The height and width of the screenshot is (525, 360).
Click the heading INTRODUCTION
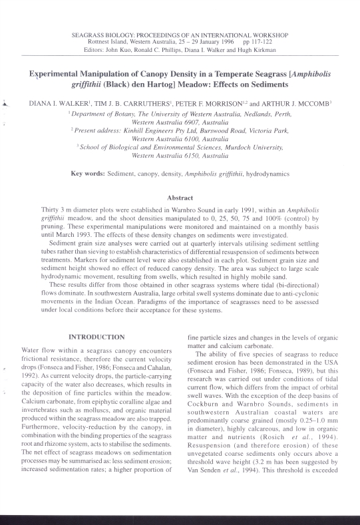click(x=96, y=337)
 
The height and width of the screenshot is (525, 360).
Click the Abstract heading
click(x=180, y=198)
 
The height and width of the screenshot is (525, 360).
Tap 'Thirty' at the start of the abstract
click(x=50, y=209)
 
